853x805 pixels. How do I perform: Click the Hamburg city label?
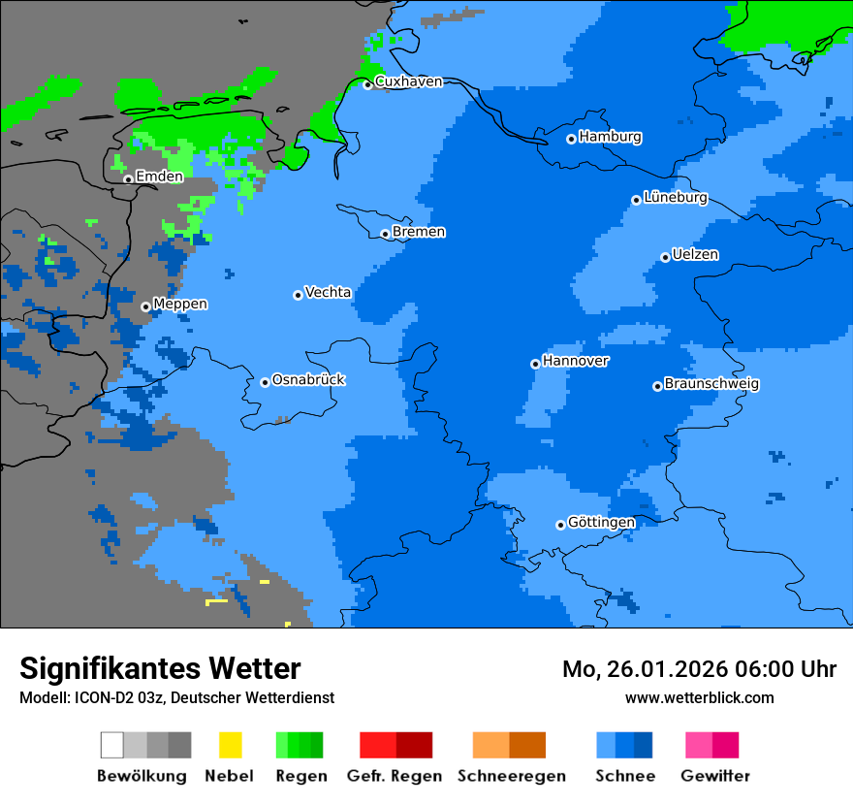click(x=611, y=137)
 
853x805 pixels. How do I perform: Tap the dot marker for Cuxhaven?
click(x=367, y=84)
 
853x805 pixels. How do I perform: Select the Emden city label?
click(x=159, y=177)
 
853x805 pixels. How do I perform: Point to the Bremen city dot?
click(x=385, y=234)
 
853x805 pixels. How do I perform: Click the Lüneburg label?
click(x=676, y=198)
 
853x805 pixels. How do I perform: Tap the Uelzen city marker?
click(x=665, y=257)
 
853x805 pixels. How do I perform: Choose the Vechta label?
click(x=328, y=292)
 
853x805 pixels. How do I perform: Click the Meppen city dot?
click(x=145, y=306)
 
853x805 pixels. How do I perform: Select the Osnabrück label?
click(x=308, y=379)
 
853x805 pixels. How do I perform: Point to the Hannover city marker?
click(x=535, y=364)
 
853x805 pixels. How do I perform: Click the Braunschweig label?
click(x=711, y=384)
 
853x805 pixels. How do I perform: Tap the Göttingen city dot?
click(x=560, y=525)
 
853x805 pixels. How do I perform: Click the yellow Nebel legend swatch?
click(x=230, y=745)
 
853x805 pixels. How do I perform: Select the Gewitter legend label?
click(x=715, y=776)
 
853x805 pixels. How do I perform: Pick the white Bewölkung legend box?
click(x=112, y=745)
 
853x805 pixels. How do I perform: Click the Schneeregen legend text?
click(x=511, y=776)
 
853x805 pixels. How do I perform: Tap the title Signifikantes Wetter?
click(x=160, y=668)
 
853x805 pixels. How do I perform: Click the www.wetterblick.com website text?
click(x=699, y=698)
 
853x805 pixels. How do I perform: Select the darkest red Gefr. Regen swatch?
click(x=415, y=745)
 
